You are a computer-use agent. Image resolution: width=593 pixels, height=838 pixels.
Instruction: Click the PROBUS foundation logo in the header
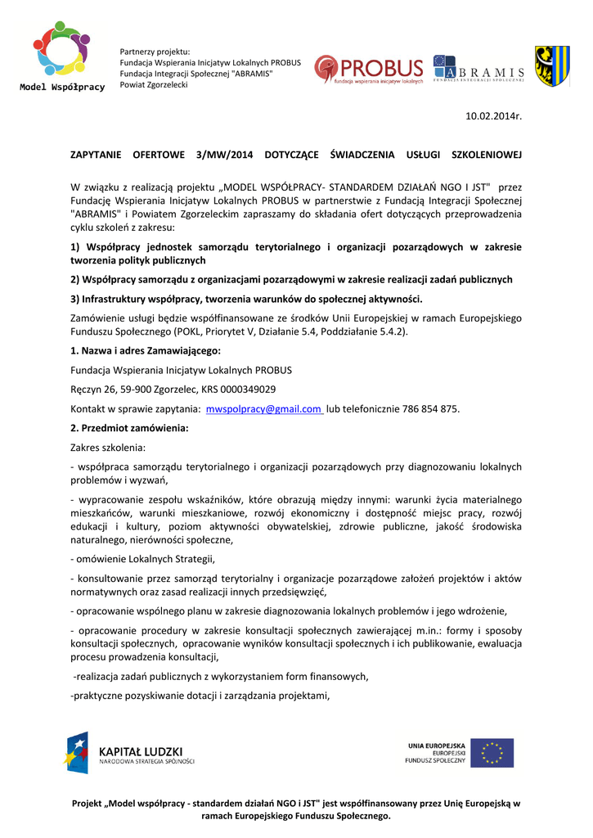[x=369, y=70]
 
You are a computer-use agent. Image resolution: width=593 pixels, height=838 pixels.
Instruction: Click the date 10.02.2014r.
[x=493, y=117]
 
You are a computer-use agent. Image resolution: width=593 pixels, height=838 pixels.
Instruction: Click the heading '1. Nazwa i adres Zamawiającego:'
[x=146, y=350]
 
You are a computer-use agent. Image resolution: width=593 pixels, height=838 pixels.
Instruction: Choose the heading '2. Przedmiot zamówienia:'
[x=129, y=428]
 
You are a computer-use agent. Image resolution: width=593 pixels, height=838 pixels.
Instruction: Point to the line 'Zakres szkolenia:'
[x=109, y=448]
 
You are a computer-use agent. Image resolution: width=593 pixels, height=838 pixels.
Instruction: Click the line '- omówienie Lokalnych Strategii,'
[x=143, y=559]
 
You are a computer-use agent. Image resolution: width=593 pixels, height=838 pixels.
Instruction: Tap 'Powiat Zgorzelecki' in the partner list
[x=154, y=84]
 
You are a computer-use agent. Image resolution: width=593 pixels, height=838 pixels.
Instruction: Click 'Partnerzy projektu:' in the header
[x=155, y=52]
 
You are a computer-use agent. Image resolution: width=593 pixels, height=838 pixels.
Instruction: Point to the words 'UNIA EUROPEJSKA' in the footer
[x=437, y=746]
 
